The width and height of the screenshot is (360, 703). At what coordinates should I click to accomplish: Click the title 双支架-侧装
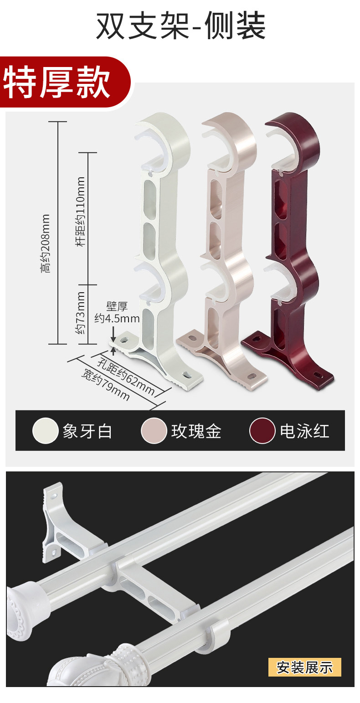click(180, 26)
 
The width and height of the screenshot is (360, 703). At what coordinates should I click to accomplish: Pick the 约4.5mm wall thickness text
click(117, 318)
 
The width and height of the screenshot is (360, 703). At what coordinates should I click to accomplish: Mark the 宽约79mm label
click(105, 386)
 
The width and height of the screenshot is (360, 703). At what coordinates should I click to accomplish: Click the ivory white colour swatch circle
click(45, 431)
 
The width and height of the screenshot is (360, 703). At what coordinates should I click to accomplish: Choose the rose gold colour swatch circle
click(154, 431)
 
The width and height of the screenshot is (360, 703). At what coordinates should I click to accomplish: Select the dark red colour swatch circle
click(262, 431)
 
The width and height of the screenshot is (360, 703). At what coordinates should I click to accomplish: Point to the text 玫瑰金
click(196, 431)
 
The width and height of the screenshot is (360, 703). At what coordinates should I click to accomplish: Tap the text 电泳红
click(304, 431)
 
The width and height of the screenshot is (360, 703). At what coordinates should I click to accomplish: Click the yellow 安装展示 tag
click(305, 667)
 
